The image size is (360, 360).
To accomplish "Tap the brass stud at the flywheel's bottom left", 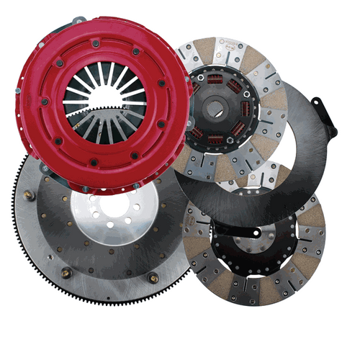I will coord(66,272).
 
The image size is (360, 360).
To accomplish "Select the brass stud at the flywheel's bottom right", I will coord(153,277).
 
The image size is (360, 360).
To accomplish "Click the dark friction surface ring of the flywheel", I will coord(54,230).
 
